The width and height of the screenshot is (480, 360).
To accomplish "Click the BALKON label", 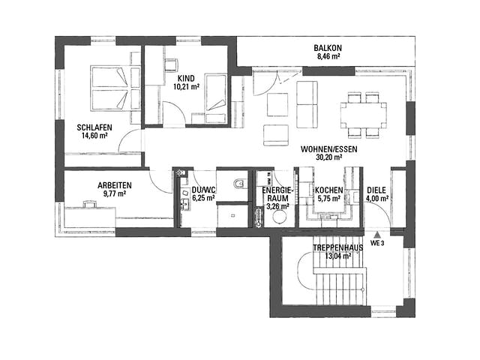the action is pos(328,48).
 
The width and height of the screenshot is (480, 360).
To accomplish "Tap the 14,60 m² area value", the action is pos(94,136).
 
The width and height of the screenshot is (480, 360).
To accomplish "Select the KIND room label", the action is pos(186,78).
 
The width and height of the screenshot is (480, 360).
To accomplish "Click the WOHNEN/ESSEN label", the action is pos(328,149).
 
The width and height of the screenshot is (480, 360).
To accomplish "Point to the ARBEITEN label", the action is pos(115,185).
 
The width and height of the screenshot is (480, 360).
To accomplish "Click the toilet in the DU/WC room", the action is pos(239,184).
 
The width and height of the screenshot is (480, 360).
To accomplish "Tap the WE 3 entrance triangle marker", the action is pos(378,235).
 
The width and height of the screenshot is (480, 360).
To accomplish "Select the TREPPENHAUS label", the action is pos(338,247).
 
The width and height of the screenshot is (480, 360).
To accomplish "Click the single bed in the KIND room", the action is pos(216,92).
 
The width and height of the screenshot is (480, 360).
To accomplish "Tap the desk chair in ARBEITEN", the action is pos(90,204).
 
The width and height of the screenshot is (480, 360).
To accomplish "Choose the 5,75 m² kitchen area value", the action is pos(328,199).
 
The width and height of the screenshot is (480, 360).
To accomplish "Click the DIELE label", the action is pos(376,190).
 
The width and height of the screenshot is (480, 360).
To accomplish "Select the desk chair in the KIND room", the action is pos(172,65).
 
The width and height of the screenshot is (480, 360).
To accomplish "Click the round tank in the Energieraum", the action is pos(280,217).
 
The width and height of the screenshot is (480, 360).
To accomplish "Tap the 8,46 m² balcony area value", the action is pos(328,56).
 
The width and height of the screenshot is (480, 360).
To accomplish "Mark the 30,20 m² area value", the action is pos(328,157).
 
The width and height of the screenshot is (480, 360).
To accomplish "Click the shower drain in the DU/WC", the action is pos(233,215).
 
